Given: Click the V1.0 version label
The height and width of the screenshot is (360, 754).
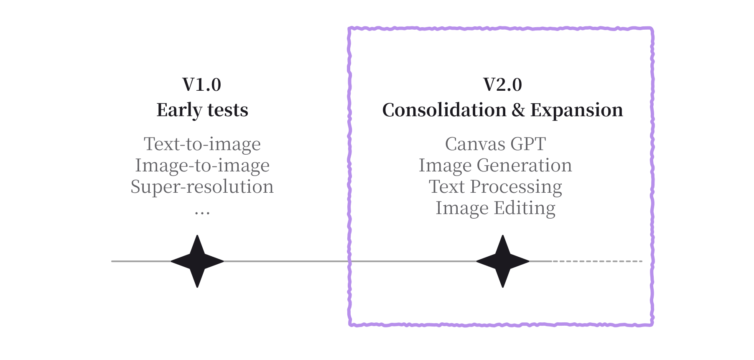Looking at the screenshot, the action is (x=202, y=85).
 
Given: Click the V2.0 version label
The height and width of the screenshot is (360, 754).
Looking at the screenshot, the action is (x=502, y=85).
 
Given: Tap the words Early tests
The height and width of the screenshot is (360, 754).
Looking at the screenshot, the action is (x=202, y=110).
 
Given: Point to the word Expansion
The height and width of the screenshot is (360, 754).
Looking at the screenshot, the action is (x=576, y=110).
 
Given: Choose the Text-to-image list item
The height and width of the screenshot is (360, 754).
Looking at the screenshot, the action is (x=202, y=144).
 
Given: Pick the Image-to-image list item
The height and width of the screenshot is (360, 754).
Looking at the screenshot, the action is (x=202, y=166).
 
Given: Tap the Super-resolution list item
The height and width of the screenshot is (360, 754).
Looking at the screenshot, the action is (x=202, y=187).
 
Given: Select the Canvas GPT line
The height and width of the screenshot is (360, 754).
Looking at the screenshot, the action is (x=495, y=144).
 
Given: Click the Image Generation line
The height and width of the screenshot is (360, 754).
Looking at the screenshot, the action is (x=495, y=166).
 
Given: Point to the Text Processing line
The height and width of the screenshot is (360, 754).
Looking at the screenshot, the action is (x=495, y=187).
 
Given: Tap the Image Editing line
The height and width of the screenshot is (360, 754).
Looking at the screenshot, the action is (x=495, y=208).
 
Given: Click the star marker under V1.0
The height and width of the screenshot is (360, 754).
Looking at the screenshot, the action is (x=197, y=261).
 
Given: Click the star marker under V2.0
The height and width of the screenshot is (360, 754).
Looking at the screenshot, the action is (x=502, y=261).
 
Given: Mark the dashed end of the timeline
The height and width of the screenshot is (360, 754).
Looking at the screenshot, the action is (x=598, y=261).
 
